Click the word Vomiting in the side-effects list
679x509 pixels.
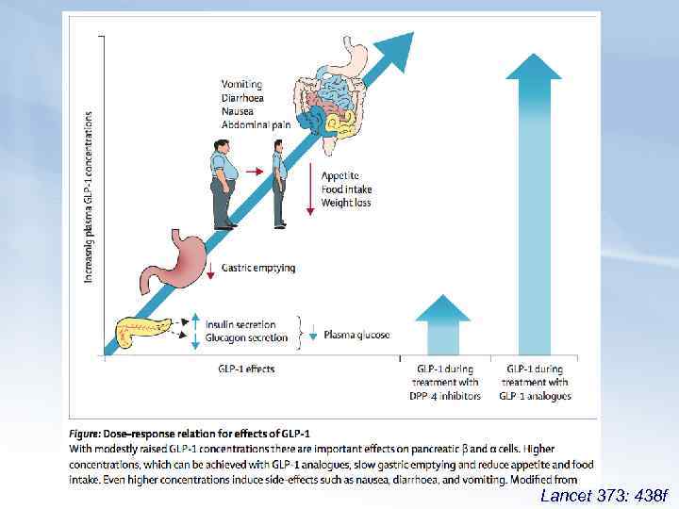[x=242, y=84]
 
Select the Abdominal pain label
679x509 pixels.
[x=255, y=123]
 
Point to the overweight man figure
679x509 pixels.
[x=222, y=184]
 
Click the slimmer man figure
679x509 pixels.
[x=279, y=184]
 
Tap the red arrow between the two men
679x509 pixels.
[x=252, y=172]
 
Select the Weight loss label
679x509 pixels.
[x=347, y=203]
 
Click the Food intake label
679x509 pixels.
[x=346, y=189]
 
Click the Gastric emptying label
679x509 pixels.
[x=258, y=268]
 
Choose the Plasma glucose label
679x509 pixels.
[x=356, y=335]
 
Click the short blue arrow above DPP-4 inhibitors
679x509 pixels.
[x=442, y=325]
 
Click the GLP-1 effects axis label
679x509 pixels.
[x=246, y=369]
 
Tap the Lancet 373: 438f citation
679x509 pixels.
[x=603, y=495]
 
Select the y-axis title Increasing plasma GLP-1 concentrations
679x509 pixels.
[x=90, y=198]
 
